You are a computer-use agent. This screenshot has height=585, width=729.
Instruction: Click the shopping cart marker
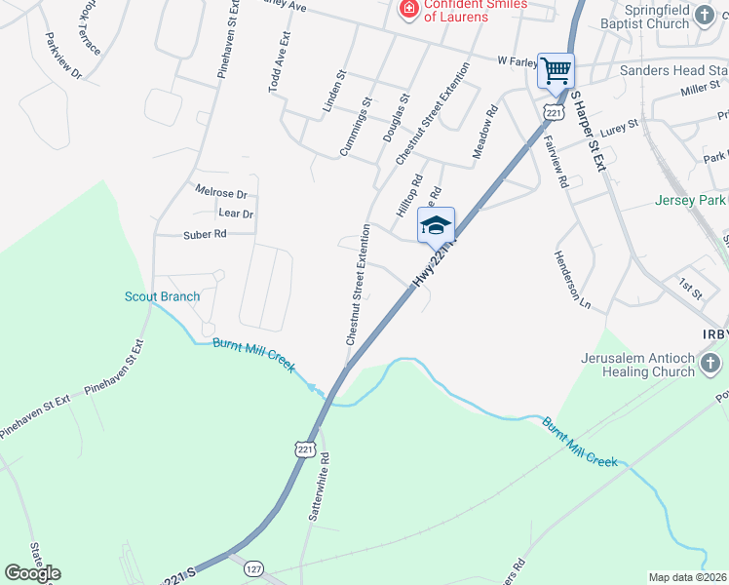556,70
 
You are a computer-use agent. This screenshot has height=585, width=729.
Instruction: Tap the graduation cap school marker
436,225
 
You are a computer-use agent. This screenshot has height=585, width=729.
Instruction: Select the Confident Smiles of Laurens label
464,10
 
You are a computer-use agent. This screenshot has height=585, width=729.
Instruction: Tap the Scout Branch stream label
162,296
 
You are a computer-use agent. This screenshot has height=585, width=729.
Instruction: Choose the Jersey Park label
691,201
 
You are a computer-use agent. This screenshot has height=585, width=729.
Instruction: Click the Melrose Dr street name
221,193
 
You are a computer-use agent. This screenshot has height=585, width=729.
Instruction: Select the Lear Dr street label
236,213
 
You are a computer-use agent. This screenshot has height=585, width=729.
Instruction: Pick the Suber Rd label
205,234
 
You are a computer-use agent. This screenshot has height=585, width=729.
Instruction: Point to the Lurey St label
619,126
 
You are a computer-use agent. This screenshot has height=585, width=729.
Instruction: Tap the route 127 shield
253,568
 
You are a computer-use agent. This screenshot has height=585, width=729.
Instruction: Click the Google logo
32,573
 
